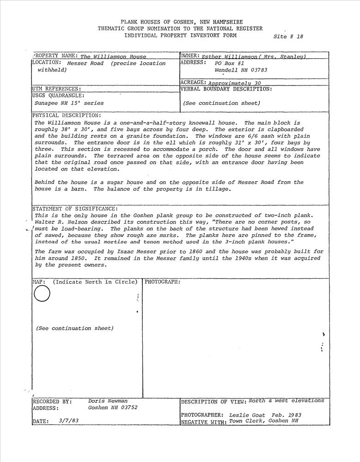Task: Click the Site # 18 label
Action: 288,36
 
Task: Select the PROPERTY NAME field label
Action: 55,56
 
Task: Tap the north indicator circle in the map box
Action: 42,294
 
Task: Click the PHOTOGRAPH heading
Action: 163,282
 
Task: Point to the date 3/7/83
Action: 69,421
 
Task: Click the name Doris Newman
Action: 108,401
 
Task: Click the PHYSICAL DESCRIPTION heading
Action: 67,115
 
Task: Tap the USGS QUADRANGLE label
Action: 59,96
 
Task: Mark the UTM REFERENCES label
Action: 57,89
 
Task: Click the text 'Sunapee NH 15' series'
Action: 69,103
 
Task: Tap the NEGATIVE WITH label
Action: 204,422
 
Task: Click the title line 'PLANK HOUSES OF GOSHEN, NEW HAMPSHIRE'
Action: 182,22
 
